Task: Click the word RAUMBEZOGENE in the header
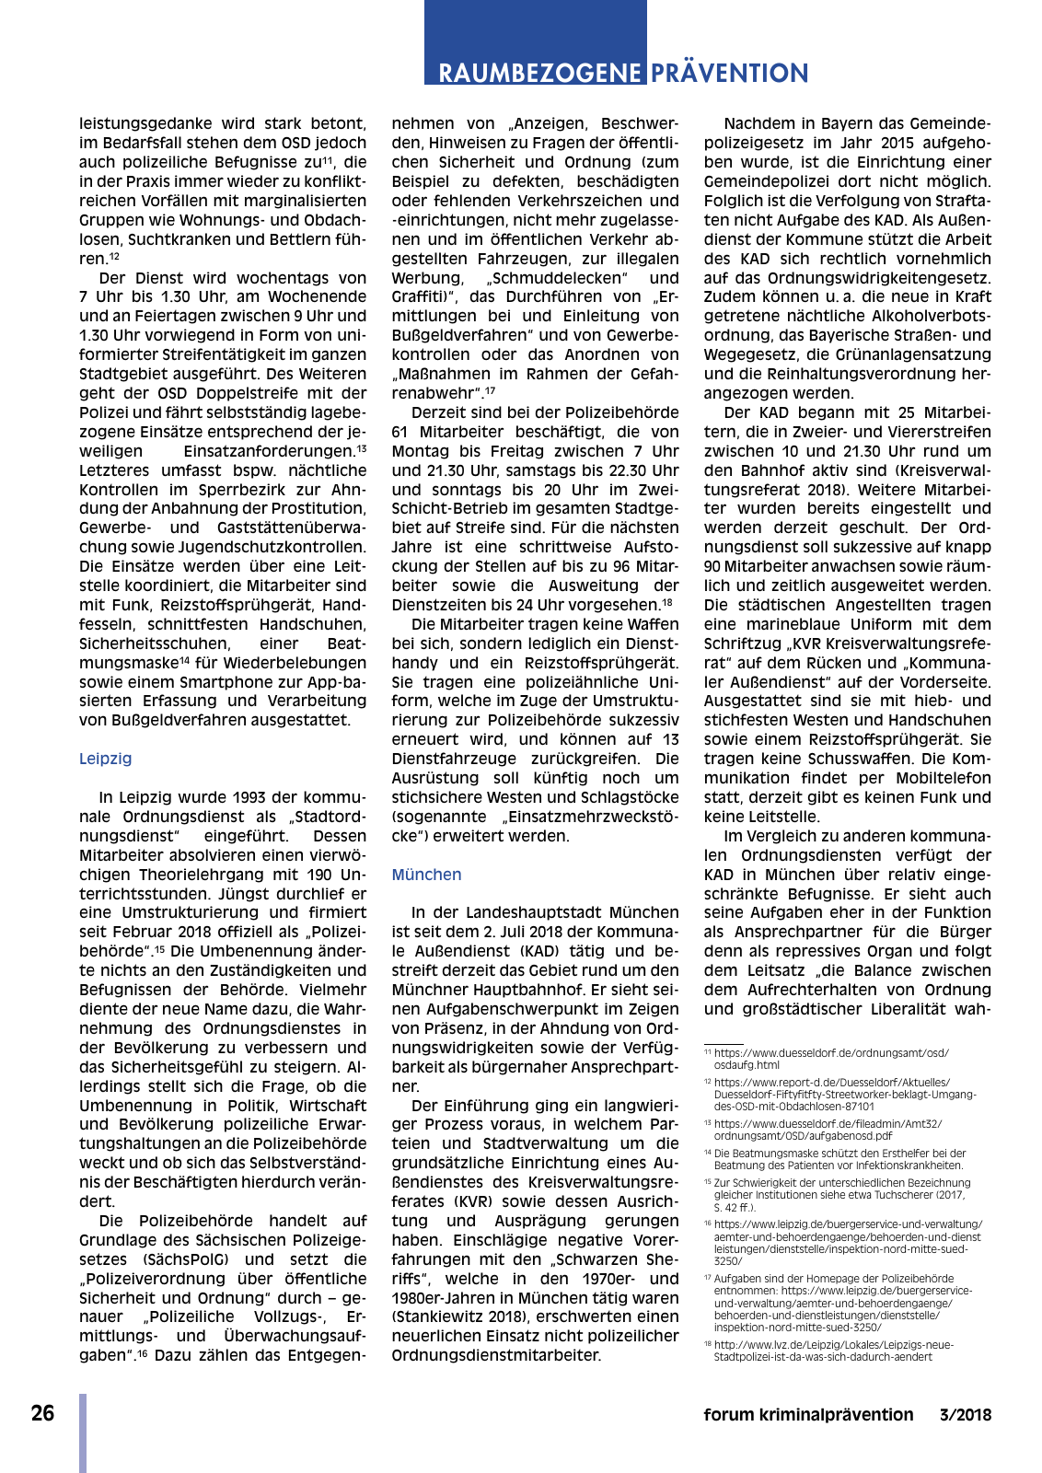coord(539,74)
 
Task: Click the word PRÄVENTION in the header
coord(729,74)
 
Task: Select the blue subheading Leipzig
coord(105,759)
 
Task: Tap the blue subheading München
coord(426,875)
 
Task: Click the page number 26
coord(42,1413)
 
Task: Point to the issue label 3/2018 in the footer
coord(965,1415)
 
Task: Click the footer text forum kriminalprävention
coord(807,1415)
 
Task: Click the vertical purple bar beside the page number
coord(83,1432)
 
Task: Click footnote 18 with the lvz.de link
coord(833,1351)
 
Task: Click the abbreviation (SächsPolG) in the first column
coord(191,1259)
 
